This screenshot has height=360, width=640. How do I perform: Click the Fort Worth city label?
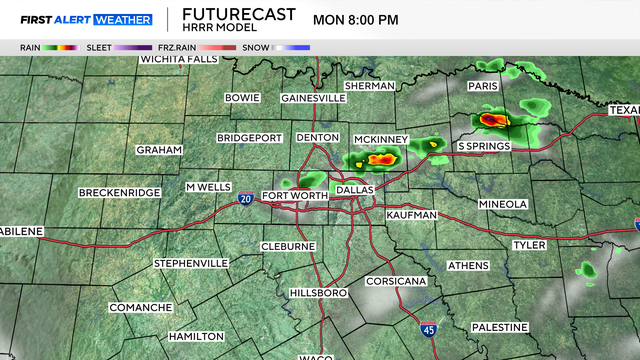[294, 195]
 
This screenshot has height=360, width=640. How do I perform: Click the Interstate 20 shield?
[246, 200]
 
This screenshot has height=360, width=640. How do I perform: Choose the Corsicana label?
[396, 281]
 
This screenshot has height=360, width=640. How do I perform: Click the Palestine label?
[499, 327]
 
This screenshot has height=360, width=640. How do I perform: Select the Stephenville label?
[191, 263]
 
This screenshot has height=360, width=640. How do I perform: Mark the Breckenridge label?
[119, 191]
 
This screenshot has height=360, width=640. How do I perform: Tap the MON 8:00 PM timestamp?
[355, 19]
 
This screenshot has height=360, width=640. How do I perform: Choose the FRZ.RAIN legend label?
[176, 47]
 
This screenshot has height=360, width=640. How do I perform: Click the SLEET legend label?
[99, 47]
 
